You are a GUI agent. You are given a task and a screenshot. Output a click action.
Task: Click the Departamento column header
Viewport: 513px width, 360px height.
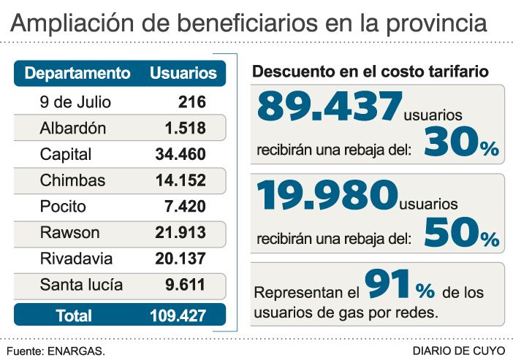pos(77,73)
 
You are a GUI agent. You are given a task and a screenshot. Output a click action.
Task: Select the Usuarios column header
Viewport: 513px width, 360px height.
pos(183,73)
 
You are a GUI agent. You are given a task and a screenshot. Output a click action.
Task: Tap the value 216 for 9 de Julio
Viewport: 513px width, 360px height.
pos(192,102)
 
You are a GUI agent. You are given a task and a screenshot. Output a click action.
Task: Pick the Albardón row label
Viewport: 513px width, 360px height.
pos(73,128)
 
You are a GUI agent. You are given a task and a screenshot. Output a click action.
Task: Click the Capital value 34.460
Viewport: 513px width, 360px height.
pos(180,154)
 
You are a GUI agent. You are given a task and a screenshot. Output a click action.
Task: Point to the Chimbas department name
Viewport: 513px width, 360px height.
pos(72,180)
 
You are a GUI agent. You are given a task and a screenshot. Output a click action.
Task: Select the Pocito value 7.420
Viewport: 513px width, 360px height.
pos(185,207)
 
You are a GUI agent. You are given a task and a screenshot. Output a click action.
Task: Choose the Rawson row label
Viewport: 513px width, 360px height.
pos(69,232)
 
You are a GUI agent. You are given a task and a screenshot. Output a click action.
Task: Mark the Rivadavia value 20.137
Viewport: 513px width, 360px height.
pos(180,258)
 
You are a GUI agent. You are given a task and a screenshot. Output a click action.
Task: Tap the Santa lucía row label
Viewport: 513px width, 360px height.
pos(81,285)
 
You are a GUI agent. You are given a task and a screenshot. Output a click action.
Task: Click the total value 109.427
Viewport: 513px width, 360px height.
pos(178,315)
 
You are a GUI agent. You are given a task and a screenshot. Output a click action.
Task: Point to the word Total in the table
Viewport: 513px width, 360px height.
pos(74,315)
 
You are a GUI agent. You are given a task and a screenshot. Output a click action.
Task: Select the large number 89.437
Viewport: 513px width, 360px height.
pos(330,106)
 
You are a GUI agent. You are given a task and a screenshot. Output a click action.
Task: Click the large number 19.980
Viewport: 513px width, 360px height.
pos(327,195)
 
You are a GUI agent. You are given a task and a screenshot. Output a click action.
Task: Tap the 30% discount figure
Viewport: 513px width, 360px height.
pos(462,142)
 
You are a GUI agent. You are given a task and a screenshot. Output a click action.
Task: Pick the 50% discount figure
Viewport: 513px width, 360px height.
pos(462,231)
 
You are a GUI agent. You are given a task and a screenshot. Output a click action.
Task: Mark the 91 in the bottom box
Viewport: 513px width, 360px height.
pos(387,283)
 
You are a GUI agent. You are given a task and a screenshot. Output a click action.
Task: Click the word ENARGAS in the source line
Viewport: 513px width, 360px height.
pos(76,351)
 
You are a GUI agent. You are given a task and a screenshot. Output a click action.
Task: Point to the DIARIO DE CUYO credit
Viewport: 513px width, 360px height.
pos(459,351)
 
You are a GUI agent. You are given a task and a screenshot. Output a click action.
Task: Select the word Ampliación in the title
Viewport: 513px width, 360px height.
pos(72,23)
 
